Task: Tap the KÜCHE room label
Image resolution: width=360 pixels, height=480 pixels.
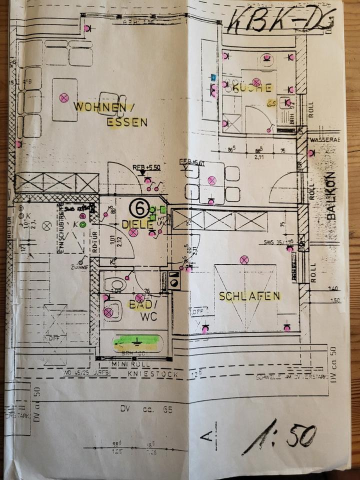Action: click(252, 88)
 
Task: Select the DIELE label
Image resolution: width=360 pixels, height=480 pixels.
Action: click(137, 224)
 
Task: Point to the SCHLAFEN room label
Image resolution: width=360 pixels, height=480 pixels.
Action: click(249, 296)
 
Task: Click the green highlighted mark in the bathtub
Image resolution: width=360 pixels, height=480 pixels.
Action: click(136, 342)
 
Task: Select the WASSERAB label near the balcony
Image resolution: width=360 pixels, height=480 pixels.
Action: click(324, 139)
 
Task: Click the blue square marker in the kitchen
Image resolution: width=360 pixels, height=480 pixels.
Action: click(214, 77)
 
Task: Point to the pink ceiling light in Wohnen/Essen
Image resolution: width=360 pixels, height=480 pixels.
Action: click(63, 98)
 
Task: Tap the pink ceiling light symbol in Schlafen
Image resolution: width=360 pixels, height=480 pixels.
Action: click(244, 259)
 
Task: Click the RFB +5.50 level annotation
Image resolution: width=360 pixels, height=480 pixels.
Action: click(146, 167)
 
